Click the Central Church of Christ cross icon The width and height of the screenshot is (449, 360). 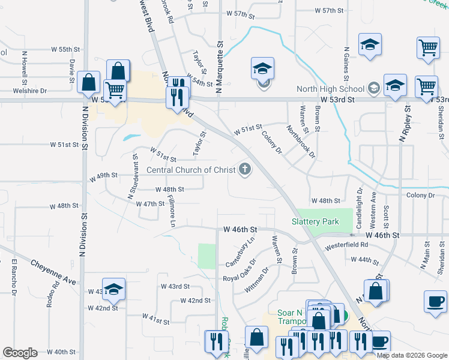coord(244,170)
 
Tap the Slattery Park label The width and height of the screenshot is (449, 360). coord(315,221)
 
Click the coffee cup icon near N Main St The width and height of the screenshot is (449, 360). coord(435,301)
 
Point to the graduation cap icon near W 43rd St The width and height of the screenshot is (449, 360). coord(113,290)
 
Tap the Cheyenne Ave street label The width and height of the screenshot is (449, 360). coord(53,272)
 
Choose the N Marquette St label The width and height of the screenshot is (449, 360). coord(220,60)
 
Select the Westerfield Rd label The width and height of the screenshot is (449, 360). coord(347,245)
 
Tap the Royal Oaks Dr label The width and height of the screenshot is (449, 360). coord(240,270)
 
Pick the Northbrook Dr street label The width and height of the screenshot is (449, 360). coord(301,141)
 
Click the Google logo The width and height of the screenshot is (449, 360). coord(20,353)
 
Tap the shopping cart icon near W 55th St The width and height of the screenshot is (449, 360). coord(427,48)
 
